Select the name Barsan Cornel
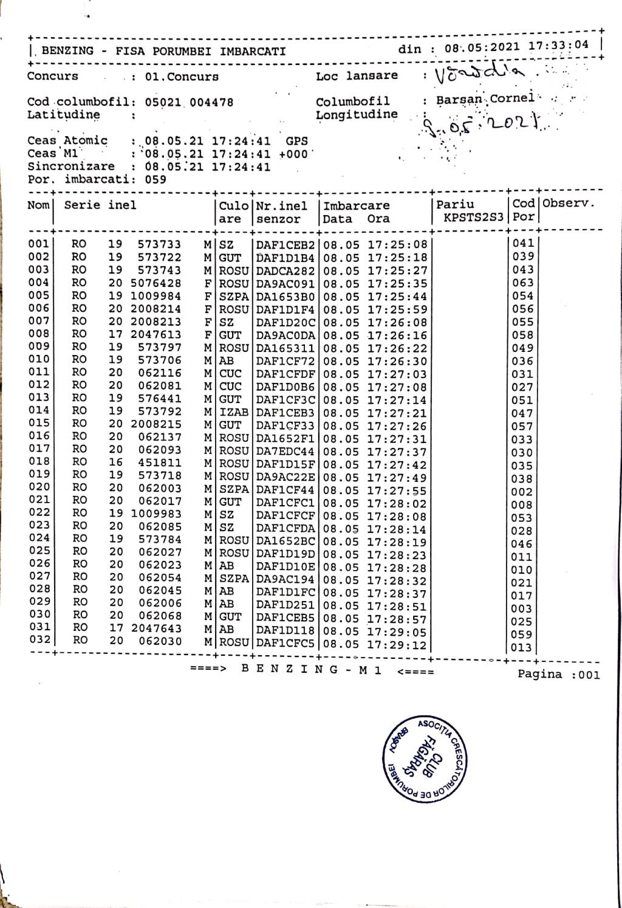(x=485, y=99)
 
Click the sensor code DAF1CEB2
(x=285, y=245)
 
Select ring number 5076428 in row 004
(x=156, y=283)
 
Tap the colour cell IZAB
(x=234, y=413)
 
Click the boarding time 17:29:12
(x=397, y=645)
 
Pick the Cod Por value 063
(x=522, y=283)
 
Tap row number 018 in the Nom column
(x=39, y=461)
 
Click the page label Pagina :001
(x=558, y=675)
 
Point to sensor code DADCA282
(x=285, y=270)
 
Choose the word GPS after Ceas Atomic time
(x=297, y=141)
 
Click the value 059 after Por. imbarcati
(x=155, y=180)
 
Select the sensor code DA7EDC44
(x=285, y=452)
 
